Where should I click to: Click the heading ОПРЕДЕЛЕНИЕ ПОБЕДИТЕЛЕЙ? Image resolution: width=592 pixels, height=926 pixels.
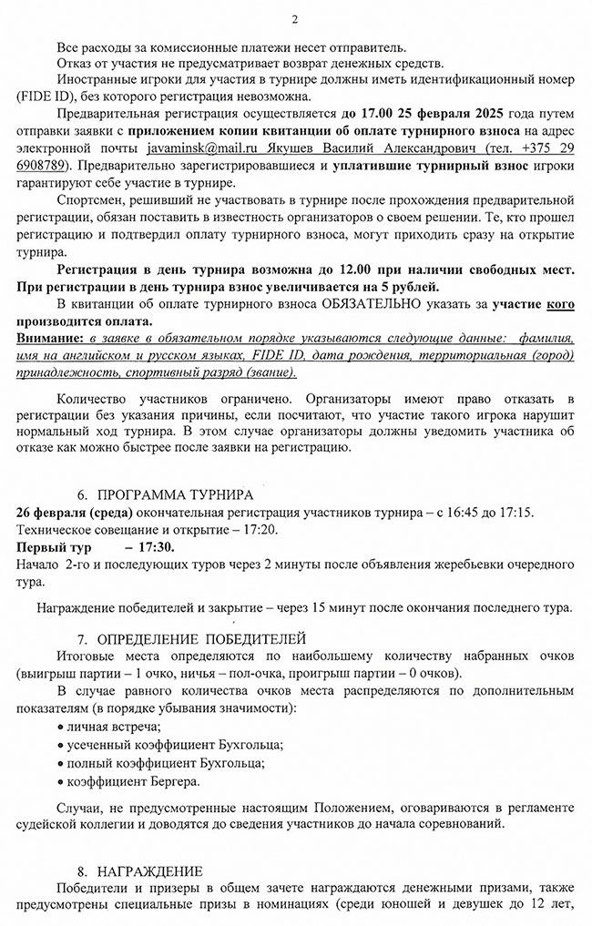click(200, 637)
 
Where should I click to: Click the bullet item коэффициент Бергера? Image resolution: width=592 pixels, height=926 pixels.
click(132, 781)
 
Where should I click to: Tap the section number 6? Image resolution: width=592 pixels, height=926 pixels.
click(82, 495)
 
